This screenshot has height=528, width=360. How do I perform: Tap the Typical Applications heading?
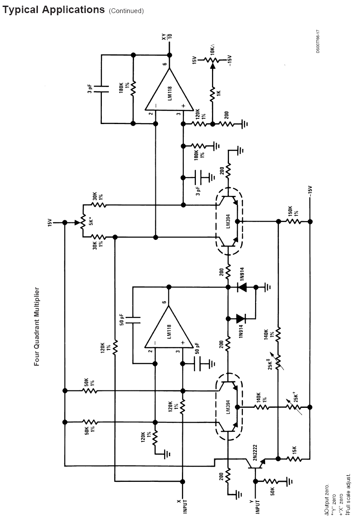[x=54, y=10]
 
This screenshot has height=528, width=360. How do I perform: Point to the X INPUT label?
[x=182, y=507]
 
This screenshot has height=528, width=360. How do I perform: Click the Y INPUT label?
[x=255, y=507]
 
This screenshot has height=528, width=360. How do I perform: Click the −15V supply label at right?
[x=310, y=192]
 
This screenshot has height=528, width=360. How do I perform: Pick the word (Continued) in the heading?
[x=126, y=10]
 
